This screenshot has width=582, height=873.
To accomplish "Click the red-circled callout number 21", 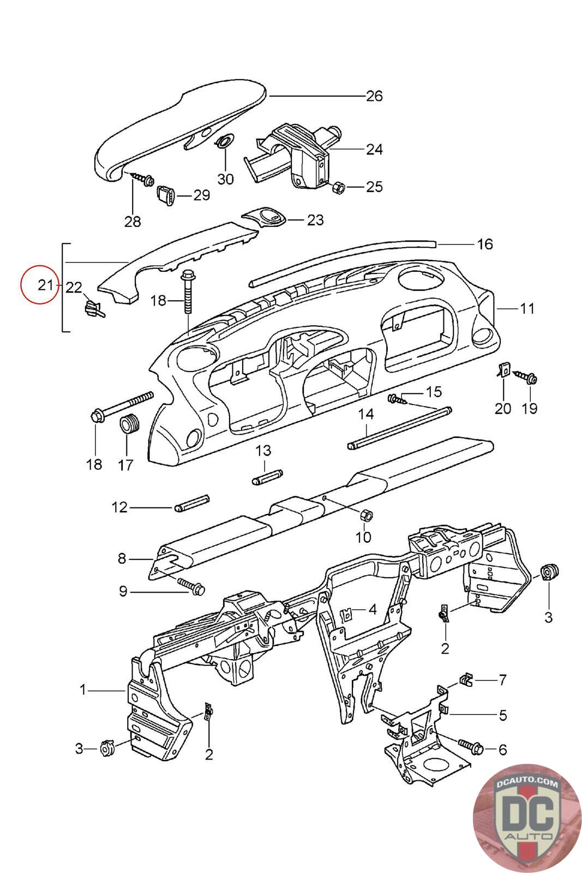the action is (x=46, y=285).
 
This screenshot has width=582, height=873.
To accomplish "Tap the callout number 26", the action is (x=374, y=96).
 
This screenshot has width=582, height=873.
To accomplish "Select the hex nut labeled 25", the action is (x=339, y=188).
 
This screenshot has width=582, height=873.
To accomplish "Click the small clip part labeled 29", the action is (x=165, y=194).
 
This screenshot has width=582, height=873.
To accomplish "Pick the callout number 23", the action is (x=315, y=220).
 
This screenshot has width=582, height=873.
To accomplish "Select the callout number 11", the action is (x=527, y=309).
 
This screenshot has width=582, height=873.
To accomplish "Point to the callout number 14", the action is (x=366, y=414).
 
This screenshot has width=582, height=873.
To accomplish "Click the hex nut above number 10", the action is (x=366, y=515).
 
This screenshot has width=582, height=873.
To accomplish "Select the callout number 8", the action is (x=122, y=559).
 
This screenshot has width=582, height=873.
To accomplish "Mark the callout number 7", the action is (x=502, y=680).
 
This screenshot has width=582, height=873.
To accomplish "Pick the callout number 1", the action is (x=82, y=690).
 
